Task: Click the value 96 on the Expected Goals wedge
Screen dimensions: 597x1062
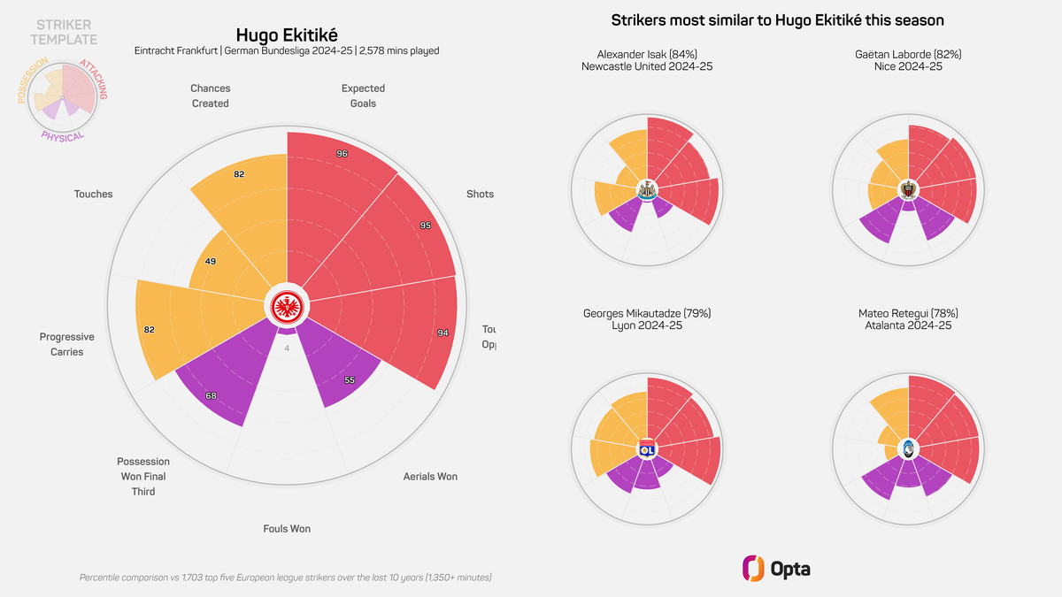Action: coord(342,154)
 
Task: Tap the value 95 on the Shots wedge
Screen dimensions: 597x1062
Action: coord(426,226)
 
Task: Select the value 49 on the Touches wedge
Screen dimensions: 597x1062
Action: coord(211,262)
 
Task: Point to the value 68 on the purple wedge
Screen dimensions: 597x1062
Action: coord(211,395)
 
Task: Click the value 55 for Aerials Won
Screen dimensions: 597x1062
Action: coord(349,379)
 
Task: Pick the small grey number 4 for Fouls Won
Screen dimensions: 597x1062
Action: coord(287,348)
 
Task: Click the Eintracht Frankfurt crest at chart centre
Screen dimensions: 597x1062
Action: coord(287,307)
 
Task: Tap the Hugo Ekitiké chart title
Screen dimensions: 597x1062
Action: coord(287,34)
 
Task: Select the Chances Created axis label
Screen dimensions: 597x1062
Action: coord(211,96)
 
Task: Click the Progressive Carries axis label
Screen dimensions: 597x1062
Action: coord(67,344)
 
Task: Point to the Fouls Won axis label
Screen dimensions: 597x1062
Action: coord(287,529)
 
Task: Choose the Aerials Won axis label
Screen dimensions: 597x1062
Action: coord(430,477)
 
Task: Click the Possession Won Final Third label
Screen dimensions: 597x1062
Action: coord(143,476)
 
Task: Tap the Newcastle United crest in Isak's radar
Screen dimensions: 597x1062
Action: coord(647,189)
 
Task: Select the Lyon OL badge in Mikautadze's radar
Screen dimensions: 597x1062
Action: coord(647,448)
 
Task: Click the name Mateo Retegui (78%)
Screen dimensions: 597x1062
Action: coord(908,313)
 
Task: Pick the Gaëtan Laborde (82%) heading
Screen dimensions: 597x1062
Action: coord(908,54)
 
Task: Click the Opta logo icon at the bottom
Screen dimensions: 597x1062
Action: coord(753,569)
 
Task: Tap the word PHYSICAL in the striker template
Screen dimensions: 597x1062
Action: coord(62,136)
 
